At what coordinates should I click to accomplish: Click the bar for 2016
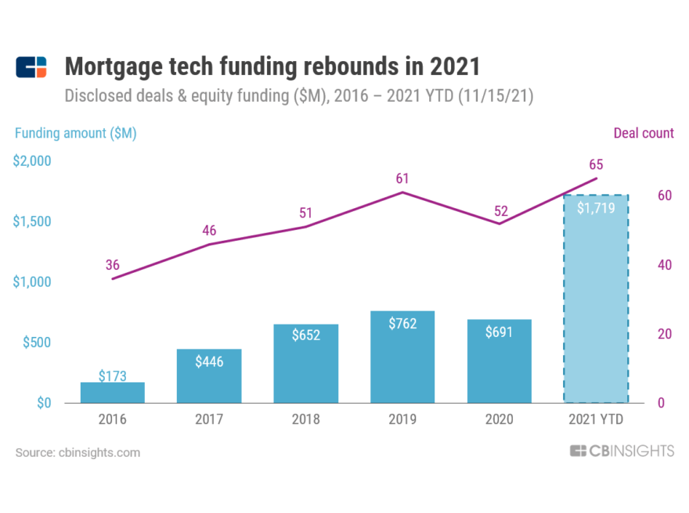(x=112, y=393)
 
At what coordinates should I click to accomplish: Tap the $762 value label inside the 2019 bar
(x=402, y=324)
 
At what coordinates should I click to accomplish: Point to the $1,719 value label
(x=596, y=209)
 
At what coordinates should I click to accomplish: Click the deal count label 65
(x=596, y=164)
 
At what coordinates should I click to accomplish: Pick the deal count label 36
(x=112, y=264)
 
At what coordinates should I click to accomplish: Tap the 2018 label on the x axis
(x=305, y=420)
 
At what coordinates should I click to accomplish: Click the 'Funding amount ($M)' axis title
(x=76, y=133)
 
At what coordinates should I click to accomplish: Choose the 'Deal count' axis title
(x=644, y=133)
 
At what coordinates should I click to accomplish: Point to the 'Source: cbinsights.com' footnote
(x=78, y=452)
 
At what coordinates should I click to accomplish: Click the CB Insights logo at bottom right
(x=622, y=451)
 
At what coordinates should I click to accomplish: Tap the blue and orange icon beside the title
(x=32, y=67)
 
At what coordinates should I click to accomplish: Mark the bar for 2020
(x=499, y=361)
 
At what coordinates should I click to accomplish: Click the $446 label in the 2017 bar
(x=209, y=362)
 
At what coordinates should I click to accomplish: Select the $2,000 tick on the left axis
(x=31, y=161)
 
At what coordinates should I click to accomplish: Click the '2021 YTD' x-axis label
(x=596, y=420)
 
